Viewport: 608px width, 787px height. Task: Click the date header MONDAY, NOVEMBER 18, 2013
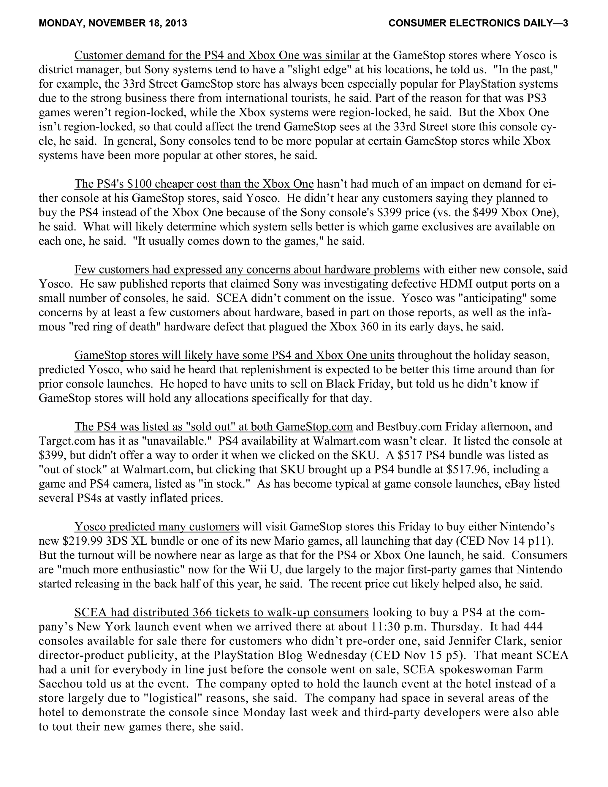pyautogui.click(x=113, y=23)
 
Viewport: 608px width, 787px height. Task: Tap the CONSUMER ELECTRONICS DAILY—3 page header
pyautogui.click(x=478, y=23)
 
